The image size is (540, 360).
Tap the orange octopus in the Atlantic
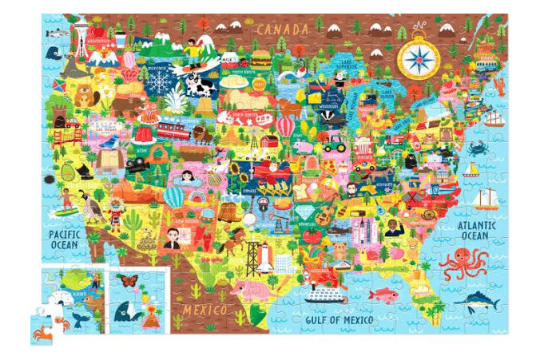[x=463, y=263]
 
